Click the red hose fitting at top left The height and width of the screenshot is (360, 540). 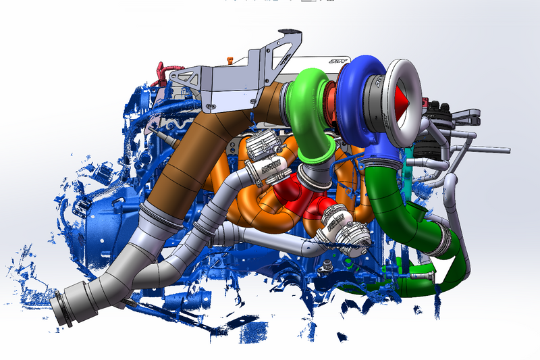click(x=163, y=74)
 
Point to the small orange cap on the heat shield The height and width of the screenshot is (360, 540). click(x=230, y=61)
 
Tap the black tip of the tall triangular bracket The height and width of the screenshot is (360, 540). click(x=286, y=31)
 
